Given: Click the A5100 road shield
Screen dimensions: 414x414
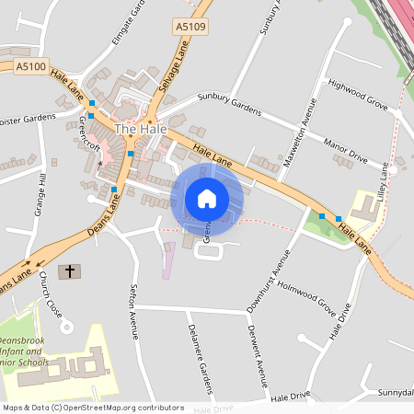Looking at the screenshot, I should pyautogui.click(x=30, y=66).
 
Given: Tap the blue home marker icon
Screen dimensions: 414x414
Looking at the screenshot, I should pyautogui.click(x=207, y=199).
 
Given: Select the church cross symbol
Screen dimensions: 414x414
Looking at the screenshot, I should pyautogui.click(x=69, y=272).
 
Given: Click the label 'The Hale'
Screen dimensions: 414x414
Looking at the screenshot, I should pyautogui.click(x=140, y=130).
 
